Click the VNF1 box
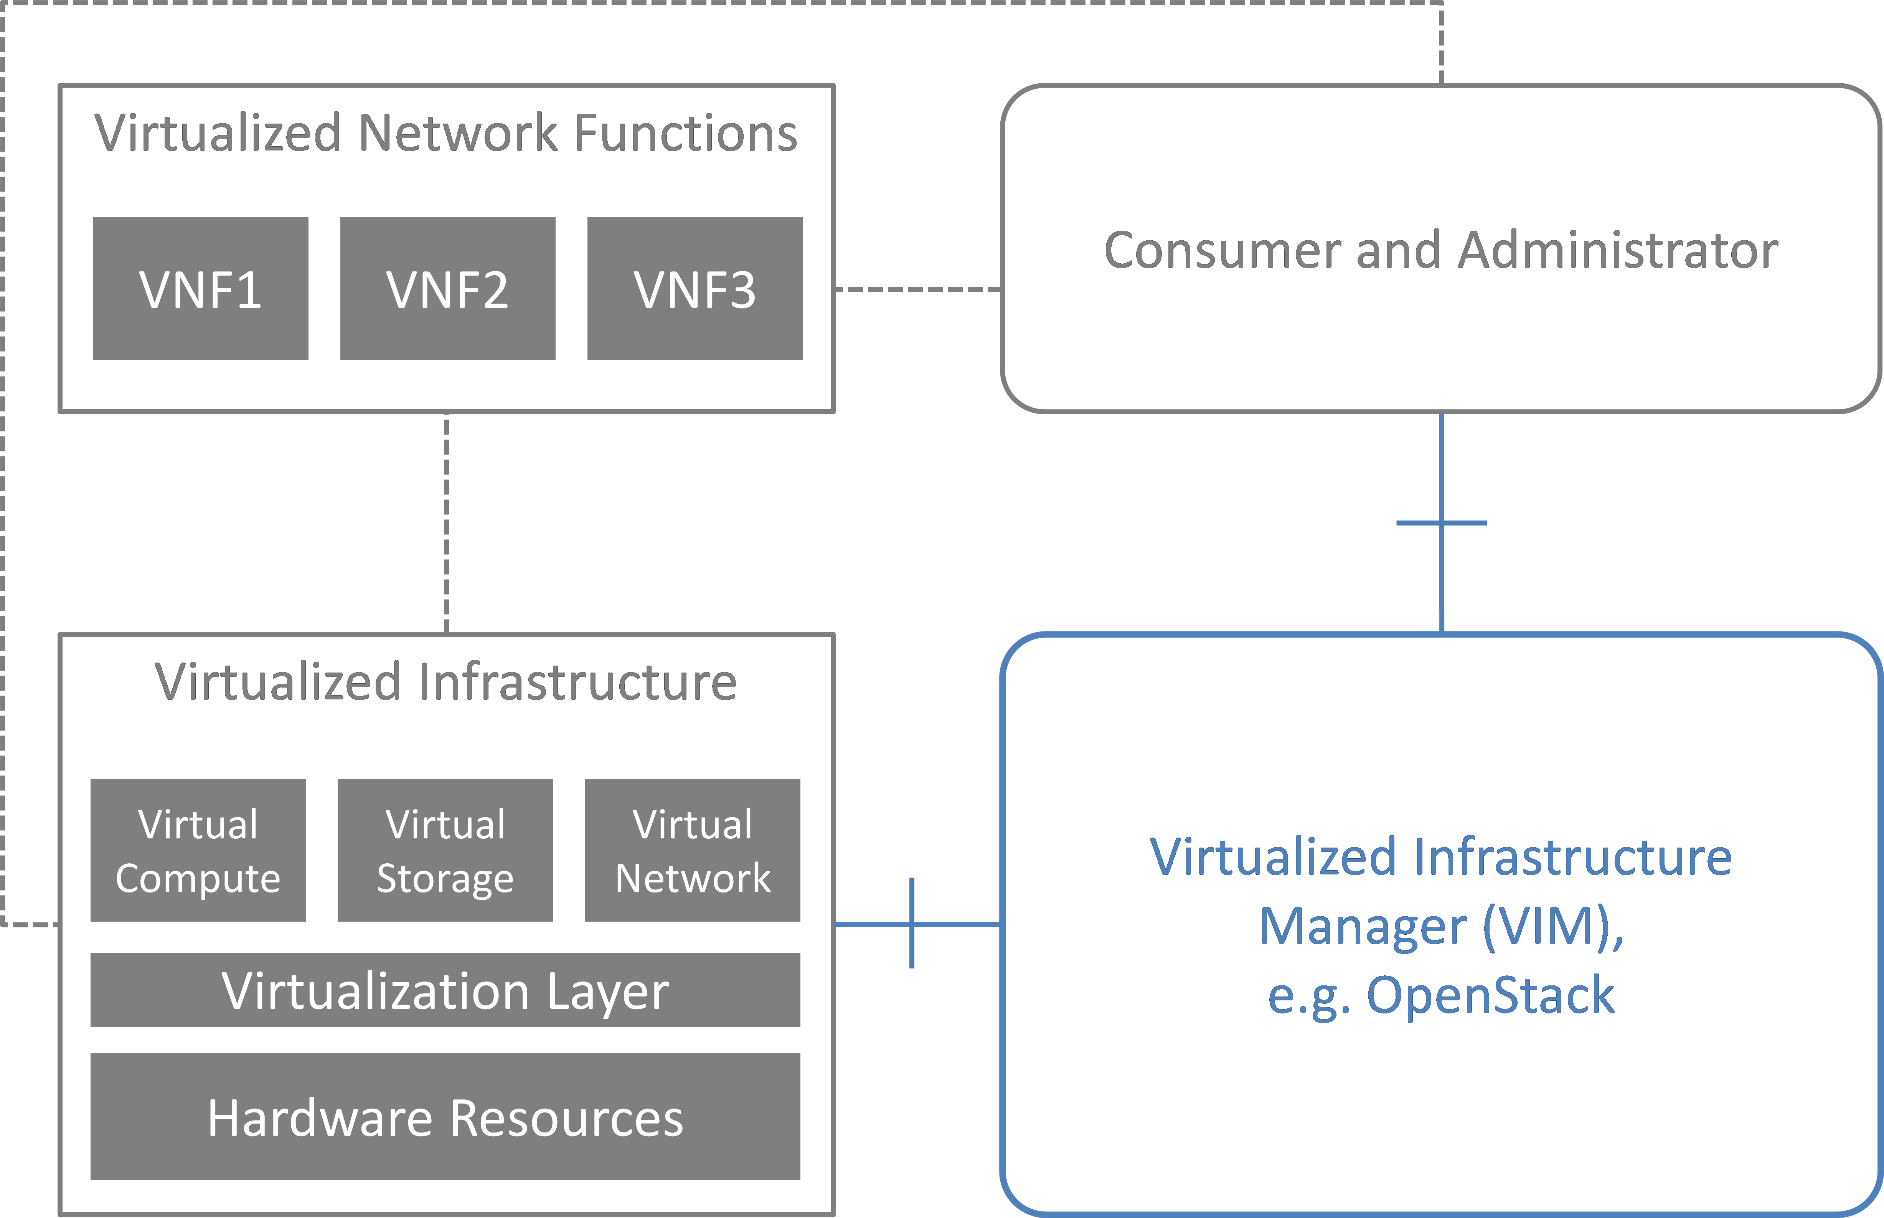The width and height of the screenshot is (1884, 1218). pos(200,289)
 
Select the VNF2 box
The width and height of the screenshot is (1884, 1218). pos(447,289)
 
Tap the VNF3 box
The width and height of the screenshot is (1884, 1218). pos(695,289)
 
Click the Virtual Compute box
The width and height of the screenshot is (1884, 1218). pos(198,850)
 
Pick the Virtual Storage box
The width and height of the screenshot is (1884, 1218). pos(445,850)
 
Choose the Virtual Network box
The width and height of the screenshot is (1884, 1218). pos(693,850)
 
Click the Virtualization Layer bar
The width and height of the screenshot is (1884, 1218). pos(445,990)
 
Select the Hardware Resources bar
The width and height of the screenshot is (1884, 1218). pos(445,1117)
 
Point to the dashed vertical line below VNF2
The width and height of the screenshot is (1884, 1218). pos(447,522)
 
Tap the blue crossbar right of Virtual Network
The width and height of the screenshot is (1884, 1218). pos(912,923)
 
